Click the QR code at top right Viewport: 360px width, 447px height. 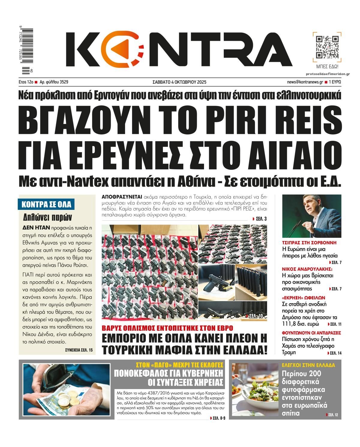click(327, 47)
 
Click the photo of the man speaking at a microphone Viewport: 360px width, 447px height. click(312, 216)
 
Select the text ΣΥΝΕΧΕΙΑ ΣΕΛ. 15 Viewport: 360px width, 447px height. click(79, 350)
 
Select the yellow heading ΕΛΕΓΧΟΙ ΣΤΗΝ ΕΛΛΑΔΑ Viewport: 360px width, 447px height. click(308, 365)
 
